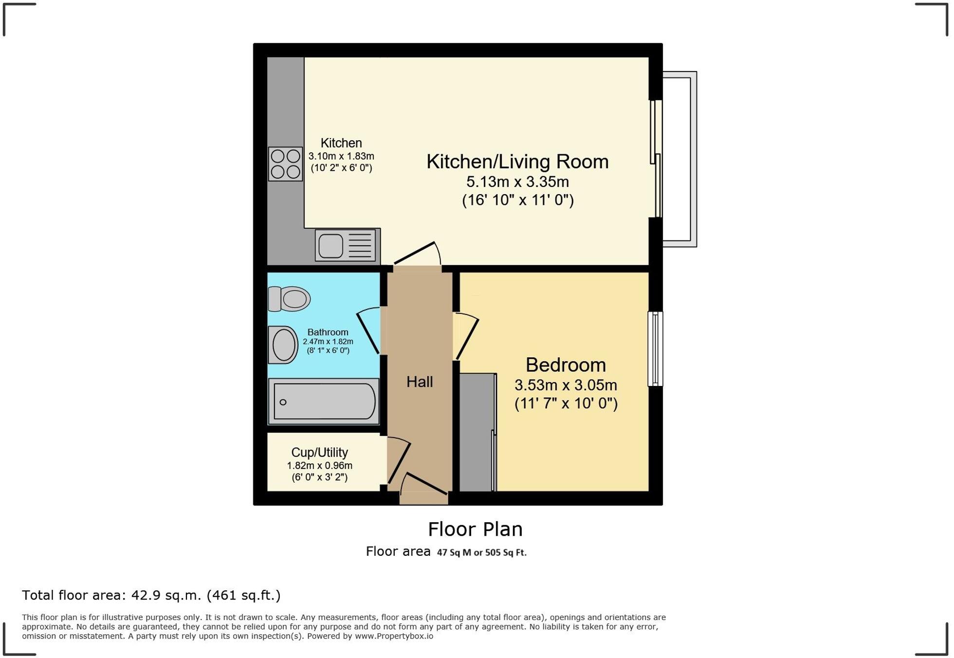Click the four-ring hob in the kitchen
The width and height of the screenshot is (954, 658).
click(x=285, y=164)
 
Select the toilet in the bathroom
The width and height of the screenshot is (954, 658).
click(x=290, y=298)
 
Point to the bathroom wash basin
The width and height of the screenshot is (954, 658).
click(x=283, y=345)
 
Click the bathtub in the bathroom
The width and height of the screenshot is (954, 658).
click(x=324, y=402)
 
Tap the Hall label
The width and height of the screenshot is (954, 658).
click(x=420, y=382)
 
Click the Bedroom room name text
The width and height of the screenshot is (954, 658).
click(x=566, y=365)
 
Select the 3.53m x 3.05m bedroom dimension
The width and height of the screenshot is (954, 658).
click(x=566, y=385)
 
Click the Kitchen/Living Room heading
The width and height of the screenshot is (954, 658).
click(x=517, y=162)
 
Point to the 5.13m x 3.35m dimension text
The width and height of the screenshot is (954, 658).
click(x=517, y=182)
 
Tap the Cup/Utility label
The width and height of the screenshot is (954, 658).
click(x=319, y=452)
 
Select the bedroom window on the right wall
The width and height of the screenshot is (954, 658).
click(x=655, y=349)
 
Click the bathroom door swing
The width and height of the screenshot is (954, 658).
click(x=369, y=331)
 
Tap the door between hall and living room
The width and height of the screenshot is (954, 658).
click(x=417, y=254)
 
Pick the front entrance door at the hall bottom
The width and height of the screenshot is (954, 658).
click(x=423, y=487)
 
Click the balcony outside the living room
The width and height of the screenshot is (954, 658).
click(x=679, y=159)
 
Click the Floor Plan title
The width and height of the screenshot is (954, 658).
click(x=475, y=530)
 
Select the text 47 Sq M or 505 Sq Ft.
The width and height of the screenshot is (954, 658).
click(x=481, y=553)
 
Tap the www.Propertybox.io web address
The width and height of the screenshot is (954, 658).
click(x=394, y=636)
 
